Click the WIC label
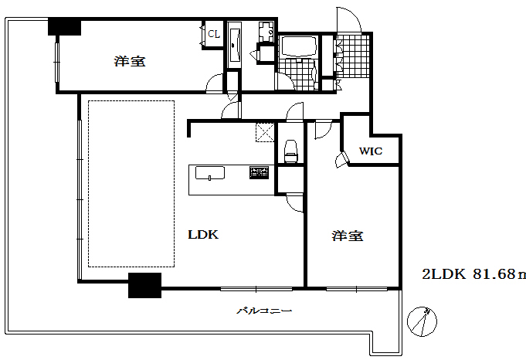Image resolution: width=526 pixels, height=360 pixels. pos(369,151)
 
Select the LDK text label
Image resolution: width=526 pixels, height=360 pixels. pos(203,235)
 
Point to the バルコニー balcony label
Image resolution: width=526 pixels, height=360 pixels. pos(263,311)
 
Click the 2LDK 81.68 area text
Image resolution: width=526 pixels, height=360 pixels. pos(473,273)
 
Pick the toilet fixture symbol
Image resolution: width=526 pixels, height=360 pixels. pos(291,151)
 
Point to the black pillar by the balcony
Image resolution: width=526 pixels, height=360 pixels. pos(144,285)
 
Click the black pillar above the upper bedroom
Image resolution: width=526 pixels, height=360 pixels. pos(65,27)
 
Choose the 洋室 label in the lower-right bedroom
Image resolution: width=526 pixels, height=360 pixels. pos(349,236)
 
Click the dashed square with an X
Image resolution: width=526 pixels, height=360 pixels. pos(265,133)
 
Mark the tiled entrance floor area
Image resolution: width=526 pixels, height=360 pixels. pos(354,56)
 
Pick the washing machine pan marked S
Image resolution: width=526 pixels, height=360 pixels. pos(266,33)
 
